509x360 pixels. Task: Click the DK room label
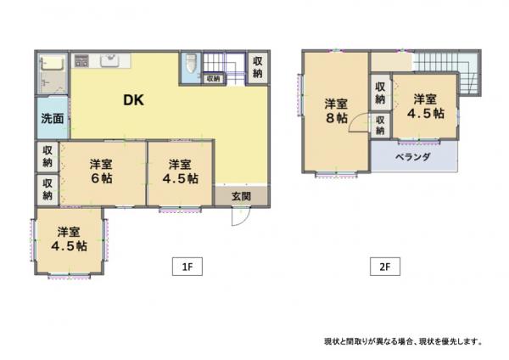(x=133, y=100)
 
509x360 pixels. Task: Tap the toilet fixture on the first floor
(x=191, y=65)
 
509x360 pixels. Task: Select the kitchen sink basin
(x=109, y=60)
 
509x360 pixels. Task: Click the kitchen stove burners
(x=81, y=61)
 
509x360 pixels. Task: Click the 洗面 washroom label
(x=53, y=119)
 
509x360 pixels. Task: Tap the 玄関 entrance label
(x=241, y=196)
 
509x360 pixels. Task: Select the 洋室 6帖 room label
(x=101, y=172)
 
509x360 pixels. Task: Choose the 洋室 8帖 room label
(x=336, y=111)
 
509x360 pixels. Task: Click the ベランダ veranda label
(x=413, y=157)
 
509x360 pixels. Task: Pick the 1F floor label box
(x=187, y=267)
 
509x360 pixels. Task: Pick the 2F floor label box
(x=385, y=267)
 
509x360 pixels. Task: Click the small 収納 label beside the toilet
(x=213, y=79)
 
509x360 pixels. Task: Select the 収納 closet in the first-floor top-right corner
(x=258, y=67)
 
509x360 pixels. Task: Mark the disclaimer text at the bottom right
(x=403, y=341)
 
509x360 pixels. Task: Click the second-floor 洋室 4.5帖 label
(x=425, y=106)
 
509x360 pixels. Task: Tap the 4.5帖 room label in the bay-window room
(x=69, y=239)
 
